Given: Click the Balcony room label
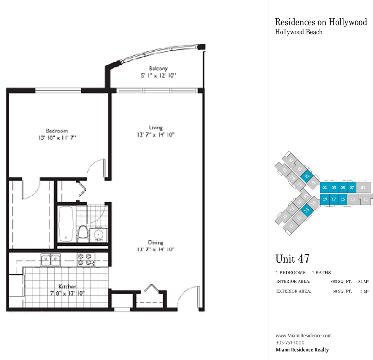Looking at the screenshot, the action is pos(158,68).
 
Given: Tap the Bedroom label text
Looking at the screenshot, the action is pos(57,131).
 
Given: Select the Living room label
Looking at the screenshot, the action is pos(156,128).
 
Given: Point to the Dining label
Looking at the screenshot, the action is pos(156,242).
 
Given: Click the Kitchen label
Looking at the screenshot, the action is pos(67,287).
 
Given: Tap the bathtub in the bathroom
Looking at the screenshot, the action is pos(66,224).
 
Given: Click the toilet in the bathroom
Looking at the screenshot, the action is pos(83,233).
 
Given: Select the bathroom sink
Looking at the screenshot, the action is pos(98,235).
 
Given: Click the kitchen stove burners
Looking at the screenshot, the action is pos(86,259).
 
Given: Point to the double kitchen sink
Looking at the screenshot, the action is pos(50,259).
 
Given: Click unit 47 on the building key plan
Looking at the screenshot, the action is pos(307,176).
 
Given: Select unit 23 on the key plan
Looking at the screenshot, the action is pos(307,210).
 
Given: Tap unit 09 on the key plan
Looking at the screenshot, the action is pos(363,187).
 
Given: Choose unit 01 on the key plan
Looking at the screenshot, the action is pos(325,187).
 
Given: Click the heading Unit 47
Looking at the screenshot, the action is pos(293,259).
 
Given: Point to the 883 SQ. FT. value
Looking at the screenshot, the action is pos(341,281).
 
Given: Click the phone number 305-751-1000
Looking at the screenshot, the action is pos(290,343).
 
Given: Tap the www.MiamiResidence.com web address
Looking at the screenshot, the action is pos(304,336).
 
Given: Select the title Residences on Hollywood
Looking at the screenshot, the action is pos(321,22).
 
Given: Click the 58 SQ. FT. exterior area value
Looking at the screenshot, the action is pos(342,291).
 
